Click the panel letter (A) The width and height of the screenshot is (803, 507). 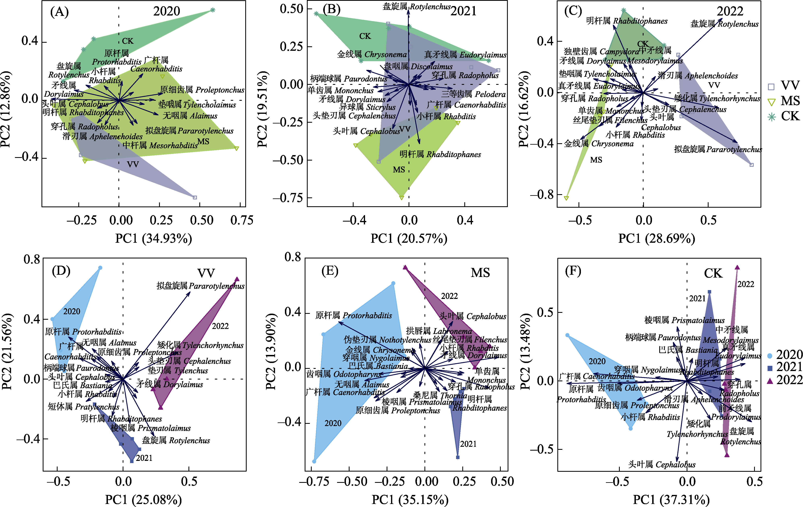tap(59, 12)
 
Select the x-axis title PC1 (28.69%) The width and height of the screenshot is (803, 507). tap(656, 238)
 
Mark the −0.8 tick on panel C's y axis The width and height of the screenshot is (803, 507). tap(542, 194)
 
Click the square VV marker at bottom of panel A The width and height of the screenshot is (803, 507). tap(195, 197)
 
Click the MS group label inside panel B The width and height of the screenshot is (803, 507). tap(399, 170)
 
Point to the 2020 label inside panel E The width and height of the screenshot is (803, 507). tap(333, 423)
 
